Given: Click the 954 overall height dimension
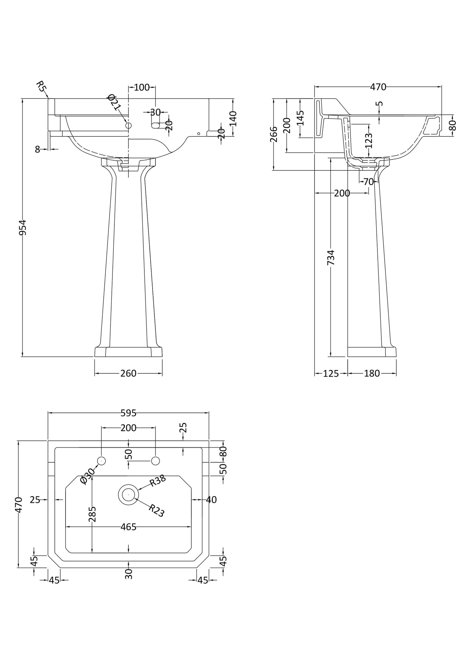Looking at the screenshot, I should point(22,227).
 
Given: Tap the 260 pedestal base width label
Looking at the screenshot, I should point(128,373).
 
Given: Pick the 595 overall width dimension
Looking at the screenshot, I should point(128,413).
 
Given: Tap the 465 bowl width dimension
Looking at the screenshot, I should point(128,527).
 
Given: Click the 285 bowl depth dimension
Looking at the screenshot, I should point(93,514).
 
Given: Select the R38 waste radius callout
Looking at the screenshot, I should point(158,481).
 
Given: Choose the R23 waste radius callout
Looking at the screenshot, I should point(156,511).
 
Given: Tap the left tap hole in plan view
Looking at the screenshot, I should point(102,461).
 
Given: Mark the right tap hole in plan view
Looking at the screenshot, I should point(155,461).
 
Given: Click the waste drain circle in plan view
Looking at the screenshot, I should point(128,494).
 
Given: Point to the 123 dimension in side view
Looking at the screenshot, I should point(369,141).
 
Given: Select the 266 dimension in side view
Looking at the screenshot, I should point(274,134).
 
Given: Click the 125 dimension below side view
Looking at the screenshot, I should point(331,373).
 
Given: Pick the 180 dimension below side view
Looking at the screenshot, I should point(372,373).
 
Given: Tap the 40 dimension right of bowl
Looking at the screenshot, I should point(212,499).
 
